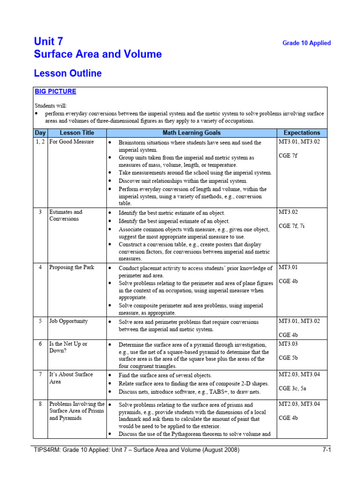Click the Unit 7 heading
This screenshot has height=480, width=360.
tap(48, 42)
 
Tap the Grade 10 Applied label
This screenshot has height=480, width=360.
tap(306, 43)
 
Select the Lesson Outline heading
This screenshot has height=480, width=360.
tap(67, 73)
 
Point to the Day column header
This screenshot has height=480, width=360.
tap(40, 133)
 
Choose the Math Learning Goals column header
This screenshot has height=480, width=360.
tap(191, 133)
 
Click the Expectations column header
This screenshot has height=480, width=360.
tap(302, 133)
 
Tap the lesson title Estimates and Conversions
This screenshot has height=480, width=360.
tap(66, 215)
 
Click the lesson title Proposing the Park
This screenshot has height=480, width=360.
tap(71, 267)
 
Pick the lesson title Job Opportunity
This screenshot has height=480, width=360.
tap(68, 321)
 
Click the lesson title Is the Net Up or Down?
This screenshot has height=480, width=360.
tap(68, 347)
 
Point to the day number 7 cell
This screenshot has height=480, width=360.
tap(40, 374)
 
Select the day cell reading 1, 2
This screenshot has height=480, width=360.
tap(40, 142)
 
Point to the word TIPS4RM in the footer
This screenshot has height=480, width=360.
tap(47, 450)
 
